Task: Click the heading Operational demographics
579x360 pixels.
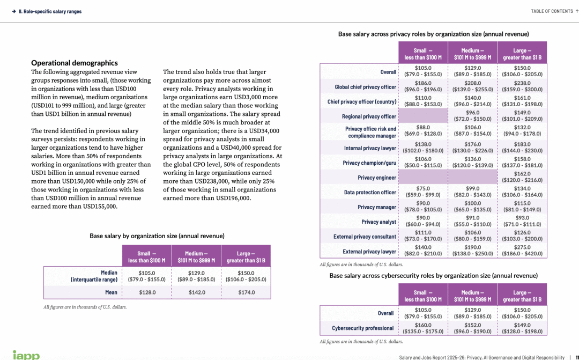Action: coord(75,63)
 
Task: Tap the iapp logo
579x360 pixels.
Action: coord(26,355)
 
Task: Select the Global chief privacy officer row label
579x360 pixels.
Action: coord(366,87)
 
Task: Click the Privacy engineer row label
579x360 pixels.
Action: coord(377,178)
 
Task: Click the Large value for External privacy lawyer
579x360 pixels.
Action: coord(522,250)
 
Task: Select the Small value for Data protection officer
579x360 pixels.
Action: coord(423,192)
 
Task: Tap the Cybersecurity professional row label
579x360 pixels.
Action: coord(362,328)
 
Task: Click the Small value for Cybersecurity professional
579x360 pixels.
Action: coord(423,328)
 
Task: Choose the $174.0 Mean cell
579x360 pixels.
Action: coord(246,292)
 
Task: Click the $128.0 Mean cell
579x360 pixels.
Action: coord(147,292)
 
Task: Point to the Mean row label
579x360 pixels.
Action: coord(111,292)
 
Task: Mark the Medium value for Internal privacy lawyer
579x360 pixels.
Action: coord(473,148)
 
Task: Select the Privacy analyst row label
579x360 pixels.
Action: coord(378,222)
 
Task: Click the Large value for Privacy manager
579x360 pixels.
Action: coord(522,207)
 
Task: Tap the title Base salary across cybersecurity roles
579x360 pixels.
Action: coord(433,275)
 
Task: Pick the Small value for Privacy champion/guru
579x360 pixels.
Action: coord(423,162)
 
